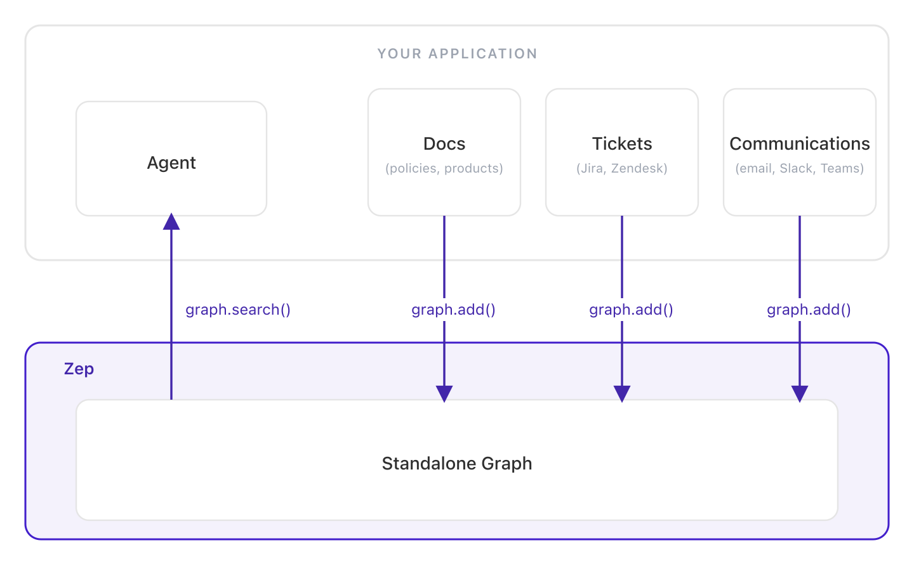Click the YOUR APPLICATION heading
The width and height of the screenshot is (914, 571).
click(x=457, y=54)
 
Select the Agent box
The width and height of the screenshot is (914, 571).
click(x=171, y=159)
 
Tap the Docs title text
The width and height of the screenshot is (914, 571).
click(x=444, y=144)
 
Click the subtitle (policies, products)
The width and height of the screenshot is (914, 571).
click(x=444, y=169)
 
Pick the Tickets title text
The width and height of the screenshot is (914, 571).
click(x=622, y=144)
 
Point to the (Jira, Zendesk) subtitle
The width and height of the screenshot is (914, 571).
click(x=622, y=169)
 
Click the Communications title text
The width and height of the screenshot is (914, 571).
click(x=800, y=144)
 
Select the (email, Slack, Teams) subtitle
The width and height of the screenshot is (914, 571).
click(x=800, y=169)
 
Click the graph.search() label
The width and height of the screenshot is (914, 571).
click(x=238, y=310)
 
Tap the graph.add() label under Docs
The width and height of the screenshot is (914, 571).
click(x=453, y=310)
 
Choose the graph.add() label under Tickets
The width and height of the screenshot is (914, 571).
click(x=631, y=310)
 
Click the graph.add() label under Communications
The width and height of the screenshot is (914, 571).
click(x=809, y=310)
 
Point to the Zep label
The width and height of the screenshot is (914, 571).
click(x=79, y=369)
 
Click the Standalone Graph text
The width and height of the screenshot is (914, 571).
click(x=457, y=464)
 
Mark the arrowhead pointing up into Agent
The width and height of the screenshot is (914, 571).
click(x=171, y=221)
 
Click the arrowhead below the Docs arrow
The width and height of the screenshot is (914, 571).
click(x=444, y=393)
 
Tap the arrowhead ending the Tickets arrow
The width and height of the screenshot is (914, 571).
click(x=622, y=393)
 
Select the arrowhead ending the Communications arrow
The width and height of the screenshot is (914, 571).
click(x=800, y=393)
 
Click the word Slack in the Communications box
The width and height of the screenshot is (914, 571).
click(x=797, y=169)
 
